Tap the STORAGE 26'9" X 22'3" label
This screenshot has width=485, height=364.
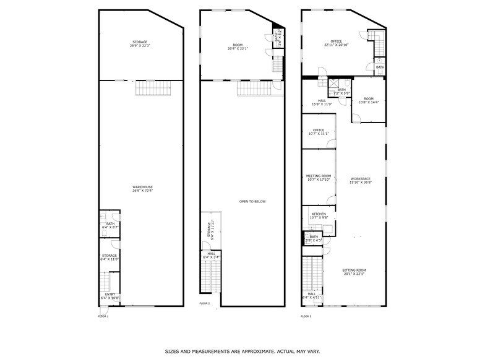[139, 44]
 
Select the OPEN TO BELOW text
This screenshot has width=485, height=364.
[252, 201]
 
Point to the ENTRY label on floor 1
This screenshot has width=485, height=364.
[109, 296]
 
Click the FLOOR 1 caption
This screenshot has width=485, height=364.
[103, 316]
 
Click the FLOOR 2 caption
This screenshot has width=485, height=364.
[205, 303]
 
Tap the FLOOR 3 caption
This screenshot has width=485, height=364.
[306, 316]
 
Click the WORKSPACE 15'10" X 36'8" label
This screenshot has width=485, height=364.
[360, 181]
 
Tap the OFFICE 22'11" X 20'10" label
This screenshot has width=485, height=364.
[337, 43]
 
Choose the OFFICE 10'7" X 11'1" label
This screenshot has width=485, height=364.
[319, 131]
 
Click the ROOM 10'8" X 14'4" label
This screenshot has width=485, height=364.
[369, 100]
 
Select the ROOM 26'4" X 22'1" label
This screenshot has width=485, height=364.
[238, 48]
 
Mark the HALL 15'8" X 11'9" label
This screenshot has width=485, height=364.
[322, 102]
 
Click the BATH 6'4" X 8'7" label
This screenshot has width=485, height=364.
[110, 225]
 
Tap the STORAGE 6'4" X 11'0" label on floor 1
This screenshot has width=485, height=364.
[109, 257]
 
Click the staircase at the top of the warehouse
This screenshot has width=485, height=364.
[148, 89]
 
